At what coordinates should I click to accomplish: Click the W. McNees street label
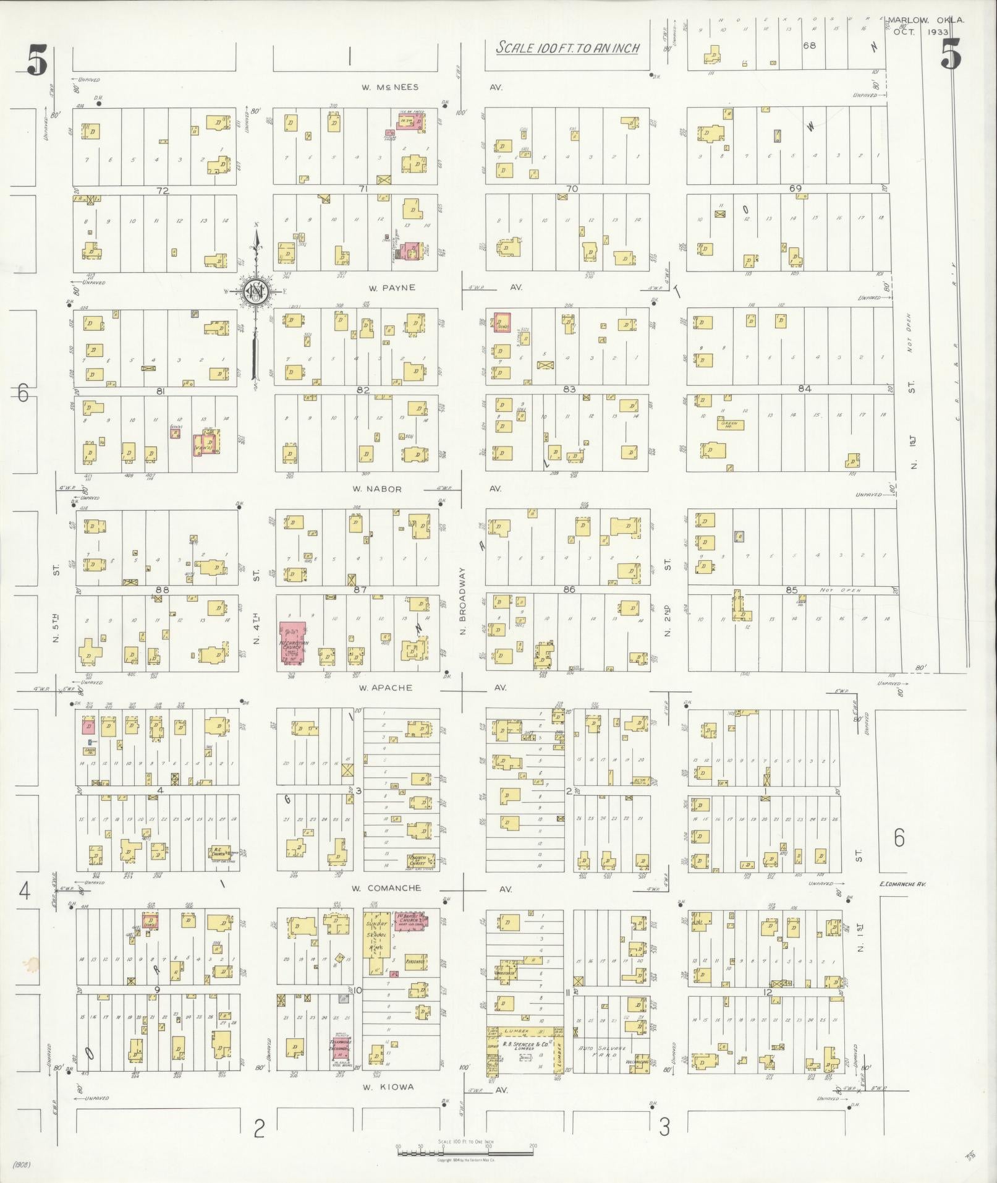383,87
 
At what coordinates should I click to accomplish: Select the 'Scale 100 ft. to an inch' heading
567,48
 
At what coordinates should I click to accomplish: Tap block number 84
804,389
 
